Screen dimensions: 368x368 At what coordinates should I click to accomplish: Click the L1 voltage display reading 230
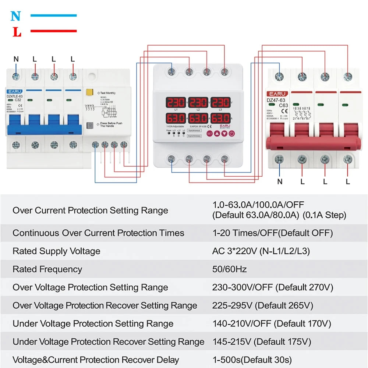point(176,102)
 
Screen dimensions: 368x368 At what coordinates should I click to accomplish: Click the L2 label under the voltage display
point(198,110)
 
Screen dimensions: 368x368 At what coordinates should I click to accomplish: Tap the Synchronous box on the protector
point(195,131)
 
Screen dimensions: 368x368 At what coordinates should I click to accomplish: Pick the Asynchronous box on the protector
point(195,136)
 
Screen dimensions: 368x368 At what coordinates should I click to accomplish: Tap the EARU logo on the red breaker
point(276,94)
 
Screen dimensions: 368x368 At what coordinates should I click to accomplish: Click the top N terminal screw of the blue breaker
point(16,77)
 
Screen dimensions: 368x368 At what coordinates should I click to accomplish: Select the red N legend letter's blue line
point(53,15)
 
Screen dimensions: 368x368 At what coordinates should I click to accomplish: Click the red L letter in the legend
point(17,32)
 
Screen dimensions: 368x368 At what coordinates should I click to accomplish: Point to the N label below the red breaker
point(280,181)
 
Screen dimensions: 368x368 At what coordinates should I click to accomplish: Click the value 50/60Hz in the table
point(229,269)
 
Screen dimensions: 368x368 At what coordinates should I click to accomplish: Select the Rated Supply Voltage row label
point(56,251)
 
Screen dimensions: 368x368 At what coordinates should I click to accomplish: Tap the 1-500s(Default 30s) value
point(252,360)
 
